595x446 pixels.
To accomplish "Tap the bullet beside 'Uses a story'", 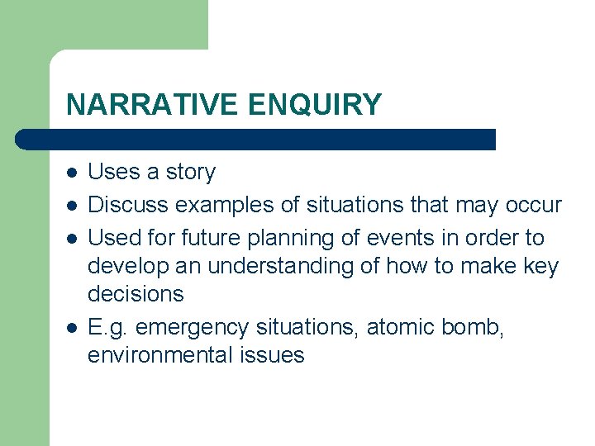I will point(73,173).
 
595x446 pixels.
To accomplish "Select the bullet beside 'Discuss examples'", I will point(73,206).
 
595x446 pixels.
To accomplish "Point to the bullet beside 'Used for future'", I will point(73,239).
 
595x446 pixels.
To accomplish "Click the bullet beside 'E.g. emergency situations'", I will point(73,328).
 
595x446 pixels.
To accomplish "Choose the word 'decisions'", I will point(136,294).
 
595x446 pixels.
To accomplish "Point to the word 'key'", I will point(541,267).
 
